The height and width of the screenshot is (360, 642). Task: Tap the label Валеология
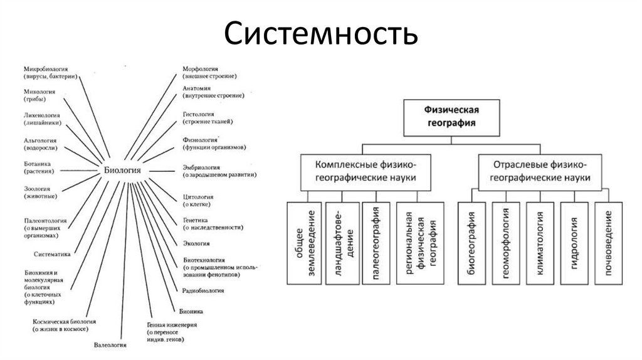pos(110,345)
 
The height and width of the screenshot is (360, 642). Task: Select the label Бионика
pos(190,311)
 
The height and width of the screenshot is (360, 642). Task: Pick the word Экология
pos(196,243)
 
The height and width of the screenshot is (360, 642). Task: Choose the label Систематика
pos(51,255)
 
